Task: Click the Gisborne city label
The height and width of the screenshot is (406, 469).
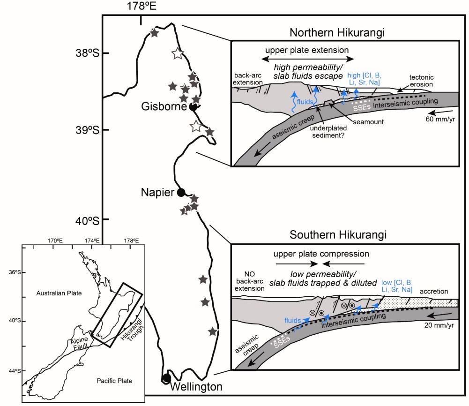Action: point(164,107)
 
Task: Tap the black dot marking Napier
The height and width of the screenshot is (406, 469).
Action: point(181,192)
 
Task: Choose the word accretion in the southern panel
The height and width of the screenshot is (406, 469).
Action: point(436,291)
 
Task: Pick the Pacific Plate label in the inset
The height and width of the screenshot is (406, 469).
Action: point(111,381)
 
